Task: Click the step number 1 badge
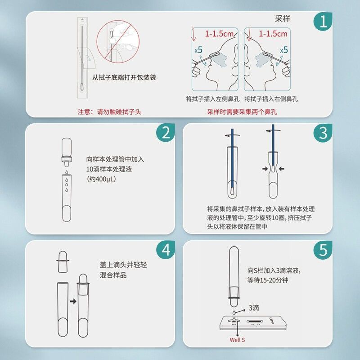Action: point(323,22)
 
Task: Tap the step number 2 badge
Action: point(166,133)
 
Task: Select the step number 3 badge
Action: point(323,133)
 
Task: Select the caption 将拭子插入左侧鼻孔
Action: point(212,99)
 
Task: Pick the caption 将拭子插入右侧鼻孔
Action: point(271,99)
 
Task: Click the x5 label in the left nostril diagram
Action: point(198,50)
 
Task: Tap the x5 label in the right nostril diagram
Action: point(283,50)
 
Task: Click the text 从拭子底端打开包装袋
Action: point(124,77)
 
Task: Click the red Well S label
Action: point(237,340)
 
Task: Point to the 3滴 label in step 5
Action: point(254,309)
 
